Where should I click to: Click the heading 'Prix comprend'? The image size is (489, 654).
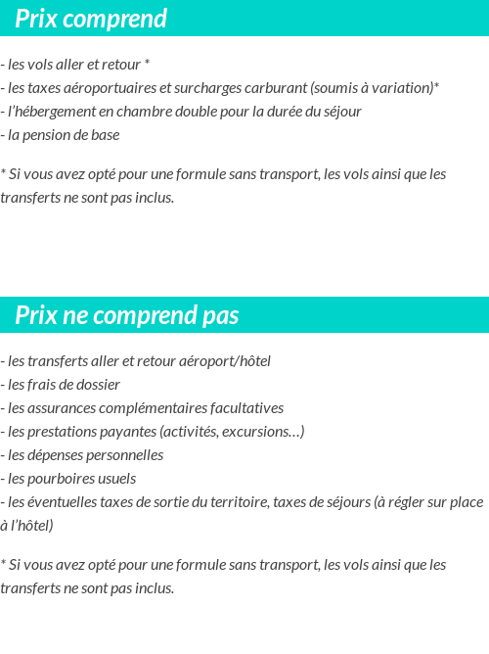91,19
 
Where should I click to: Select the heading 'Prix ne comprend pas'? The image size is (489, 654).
127,315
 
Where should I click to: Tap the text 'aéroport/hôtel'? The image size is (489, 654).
226,361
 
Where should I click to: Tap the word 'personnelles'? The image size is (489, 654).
122,455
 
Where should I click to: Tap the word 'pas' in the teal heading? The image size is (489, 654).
220,315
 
